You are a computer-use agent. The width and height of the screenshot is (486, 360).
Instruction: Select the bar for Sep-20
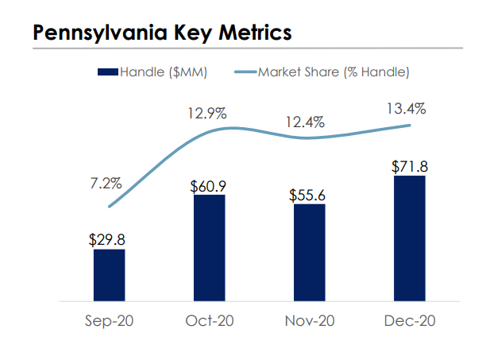tap(109, 275)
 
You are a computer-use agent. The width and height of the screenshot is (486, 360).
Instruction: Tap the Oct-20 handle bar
tap(209, 248)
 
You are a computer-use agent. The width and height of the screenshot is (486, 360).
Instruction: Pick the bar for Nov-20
tap(309, 253)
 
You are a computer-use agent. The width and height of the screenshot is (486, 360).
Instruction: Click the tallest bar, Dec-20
tap(409, 238)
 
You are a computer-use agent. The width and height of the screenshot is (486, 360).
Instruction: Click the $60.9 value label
tap(208, 185)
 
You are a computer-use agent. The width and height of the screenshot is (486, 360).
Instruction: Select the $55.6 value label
tap(309, 195)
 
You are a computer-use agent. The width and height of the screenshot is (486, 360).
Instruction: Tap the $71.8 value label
tap(409, 167)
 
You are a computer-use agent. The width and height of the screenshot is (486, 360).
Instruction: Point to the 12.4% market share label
tap(307, 122)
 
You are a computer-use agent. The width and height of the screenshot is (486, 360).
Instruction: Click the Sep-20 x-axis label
tap(109, 322)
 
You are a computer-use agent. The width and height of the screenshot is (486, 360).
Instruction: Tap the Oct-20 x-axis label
tap(209, 322)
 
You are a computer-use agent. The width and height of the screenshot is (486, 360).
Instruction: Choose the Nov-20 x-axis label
tap(309, 322)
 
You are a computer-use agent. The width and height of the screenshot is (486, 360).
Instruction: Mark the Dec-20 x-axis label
tap(409, 322)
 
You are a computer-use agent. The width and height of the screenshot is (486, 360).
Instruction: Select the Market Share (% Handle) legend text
tap(334, 73)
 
